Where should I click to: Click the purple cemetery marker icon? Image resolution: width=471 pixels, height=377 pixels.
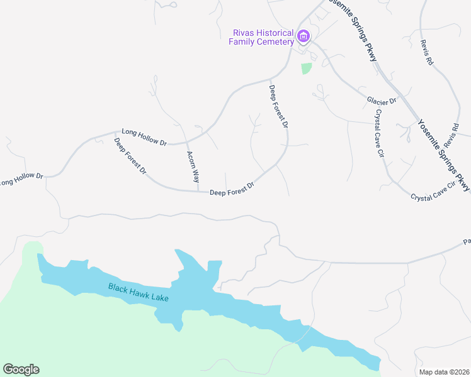click(304, 36)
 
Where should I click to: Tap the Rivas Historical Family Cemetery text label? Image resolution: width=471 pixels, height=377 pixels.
click(263, 38)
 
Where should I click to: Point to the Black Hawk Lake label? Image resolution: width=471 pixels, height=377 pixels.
click(139, 293)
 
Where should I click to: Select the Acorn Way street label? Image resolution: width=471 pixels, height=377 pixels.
click(193, 166)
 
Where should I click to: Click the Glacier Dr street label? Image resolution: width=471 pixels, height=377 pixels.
click(382, 101)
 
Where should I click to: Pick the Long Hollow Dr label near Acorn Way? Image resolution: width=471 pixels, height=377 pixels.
click(144, 138)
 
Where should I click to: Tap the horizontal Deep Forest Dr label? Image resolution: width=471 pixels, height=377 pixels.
click(232, 188)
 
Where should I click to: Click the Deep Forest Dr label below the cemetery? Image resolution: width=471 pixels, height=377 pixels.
click(278, 107)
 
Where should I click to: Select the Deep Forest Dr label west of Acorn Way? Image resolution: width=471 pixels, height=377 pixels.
click(130, 156)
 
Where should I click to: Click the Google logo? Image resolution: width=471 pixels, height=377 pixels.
click(21, 369)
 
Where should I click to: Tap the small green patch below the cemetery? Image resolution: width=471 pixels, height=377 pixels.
click(306, 68)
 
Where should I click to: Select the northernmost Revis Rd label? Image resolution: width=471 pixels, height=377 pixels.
click(428, 55)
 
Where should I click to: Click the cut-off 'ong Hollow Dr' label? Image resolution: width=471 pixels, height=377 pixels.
click(21, 180)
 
